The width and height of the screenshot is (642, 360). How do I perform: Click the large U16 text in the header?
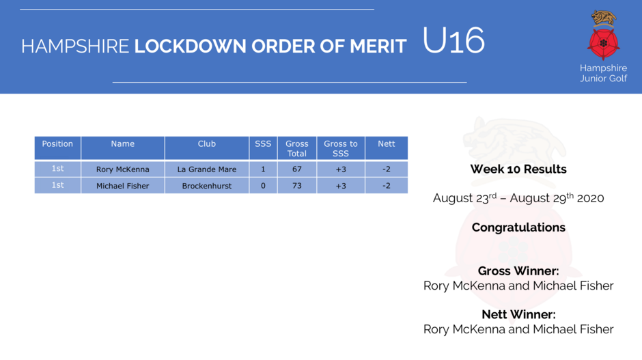[x=453, y=40]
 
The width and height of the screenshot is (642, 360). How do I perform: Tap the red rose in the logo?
[x=604, y=43]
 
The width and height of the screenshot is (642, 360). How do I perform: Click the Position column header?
[x=57, y=143]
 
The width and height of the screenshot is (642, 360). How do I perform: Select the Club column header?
[x=207, y=143]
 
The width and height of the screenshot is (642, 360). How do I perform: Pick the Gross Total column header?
[x=297, y=149]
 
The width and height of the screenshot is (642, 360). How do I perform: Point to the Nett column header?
[x=386, y=143]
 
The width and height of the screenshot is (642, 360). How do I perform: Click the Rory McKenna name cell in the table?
[x=123, y=169]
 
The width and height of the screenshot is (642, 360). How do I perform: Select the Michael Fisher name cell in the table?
[x=123, y=186]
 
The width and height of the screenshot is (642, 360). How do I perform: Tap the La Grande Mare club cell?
[x=207, y=169]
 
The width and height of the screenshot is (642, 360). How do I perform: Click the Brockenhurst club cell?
[x=207, y=186]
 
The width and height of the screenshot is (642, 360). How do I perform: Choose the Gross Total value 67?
[x=297, y=169]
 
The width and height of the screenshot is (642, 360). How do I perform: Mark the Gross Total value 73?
[x=297, y=186]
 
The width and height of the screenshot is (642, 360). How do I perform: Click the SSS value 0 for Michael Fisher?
[x=263, y=186]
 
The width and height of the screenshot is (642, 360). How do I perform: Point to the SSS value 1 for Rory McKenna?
[x=263, y=169]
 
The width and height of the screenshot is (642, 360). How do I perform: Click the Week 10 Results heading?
[x=518, y=169]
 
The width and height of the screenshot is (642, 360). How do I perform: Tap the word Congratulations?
[x=518, y=227]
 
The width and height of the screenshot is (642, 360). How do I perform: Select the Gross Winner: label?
[x=518, y=271]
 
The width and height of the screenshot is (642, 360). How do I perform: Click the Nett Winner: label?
[x=518, y=314]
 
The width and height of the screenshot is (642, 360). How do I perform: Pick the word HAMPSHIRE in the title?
[x=75, y=46]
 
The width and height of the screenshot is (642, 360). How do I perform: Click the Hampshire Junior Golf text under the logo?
[x=604, y=73]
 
